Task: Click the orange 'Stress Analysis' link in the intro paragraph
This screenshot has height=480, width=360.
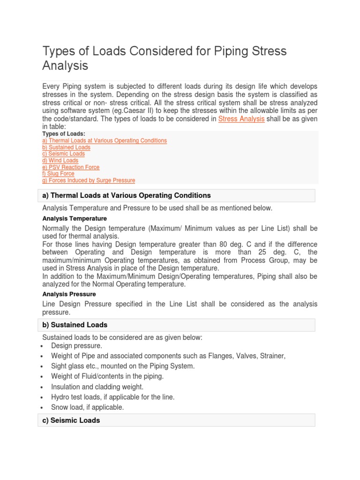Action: click(x=241, y=119)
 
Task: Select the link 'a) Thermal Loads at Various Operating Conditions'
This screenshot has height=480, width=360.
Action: click(x=104, y=141)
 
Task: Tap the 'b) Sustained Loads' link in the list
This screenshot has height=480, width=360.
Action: click(x=66, y=147)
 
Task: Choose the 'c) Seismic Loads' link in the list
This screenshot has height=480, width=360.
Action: click(x=63, y=154)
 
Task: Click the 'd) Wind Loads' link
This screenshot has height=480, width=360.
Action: click(x=60, y=160)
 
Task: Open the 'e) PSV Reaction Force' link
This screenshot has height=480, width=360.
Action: click(x=71, y=167)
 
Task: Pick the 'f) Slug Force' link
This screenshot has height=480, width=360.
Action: click(x=58, y=173)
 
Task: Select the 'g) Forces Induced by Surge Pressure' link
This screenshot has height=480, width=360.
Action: click(x=89, y=180)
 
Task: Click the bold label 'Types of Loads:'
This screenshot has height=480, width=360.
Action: click(x=64, y=134)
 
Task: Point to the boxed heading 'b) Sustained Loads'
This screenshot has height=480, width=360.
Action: click(x=75, y=325)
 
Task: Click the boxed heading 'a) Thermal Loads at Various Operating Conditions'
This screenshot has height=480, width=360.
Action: click(x=127, y=195)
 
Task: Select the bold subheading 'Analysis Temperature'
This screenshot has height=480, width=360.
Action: click(x=75, y=218)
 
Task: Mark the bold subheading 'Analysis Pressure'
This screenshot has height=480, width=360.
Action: click(x=69, y=294)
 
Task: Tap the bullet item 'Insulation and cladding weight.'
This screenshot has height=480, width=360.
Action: click(x=97, y=387)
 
